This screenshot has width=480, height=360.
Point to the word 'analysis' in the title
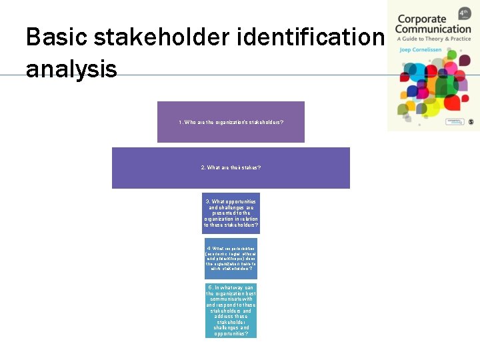[71, 68]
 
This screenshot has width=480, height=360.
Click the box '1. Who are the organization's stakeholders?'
[231, 122]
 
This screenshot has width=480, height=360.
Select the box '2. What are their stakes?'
[231, 167]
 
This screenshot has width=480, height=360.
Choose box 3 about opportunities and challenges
[231, 213]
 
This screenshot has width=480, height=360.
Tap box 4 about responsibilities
[231, 259]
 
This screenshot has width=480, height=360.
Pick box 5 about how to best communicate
[231, 311]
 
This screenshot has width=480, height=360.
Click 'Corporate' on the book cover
[421, 19]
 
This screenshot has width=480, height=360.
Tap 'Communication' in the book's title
[433, 29]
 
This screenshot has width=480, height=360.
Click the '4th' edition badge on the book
[464, 13]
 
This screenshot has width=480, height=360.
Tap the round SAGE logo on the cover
[471, 122]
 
